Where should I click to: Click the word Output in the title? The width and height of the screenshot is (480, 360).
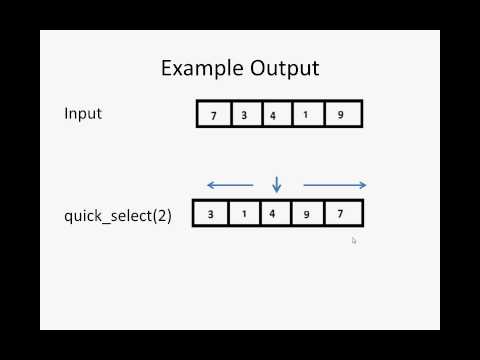coord(284,69)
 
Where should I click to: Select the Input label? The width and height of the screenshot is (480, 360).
coord(83,113)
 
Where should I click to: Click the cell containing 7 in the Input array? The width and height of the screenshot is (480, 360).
coord(213,115)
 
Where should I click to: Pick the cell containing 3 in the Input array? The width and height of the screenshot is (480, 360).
coord(244,115)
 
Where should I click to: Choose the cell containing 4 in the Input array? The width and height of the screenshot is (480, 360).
coord(273,115)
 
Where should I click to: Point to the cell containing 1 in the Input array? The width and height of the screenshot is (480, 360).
coord(305,115)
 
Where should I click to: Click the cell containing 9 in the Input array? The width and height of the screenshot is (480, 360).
coord(340,115)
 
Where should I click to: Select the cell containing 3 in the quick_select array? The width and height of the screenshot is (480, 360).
coord(211,214)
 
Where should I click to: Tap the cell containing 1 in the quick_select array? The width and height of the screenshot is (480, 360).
coord(243,214)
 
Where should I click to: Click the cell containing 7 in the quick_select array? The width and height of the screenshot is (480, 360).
coord(341,214)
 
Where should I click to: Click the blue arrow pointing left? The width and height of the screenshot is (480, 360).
coord(229,185)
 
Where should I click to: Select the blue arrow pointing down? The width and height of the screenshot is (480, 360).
coord(277,184)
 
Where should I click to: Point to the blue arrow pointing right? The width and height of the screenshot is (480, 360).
coord(335,185)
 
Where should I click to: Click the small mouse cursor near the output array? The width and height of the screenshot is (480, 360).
coord(354,240)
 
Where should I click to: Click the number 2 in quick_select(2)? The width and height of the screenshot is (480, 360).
coord(160,214)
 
